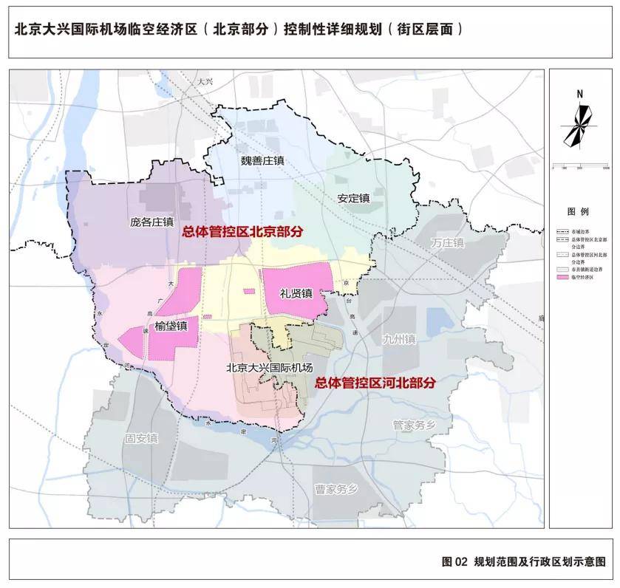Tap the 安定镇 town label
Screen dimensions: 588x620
352,198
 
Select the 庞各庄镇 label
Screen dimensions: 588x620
151,221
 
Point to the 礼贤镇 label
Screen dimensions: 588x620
296,293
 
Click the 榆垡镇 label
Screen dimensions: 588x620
171,326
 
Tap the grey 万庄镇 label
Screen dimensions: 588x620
448,242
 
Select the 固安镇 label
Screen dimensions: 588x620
141,437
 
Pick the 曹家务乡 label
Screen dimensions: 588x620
335,488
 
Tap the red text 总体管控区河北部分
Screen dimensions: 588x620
375,383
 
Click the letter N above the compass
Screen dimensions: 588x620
580,94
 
